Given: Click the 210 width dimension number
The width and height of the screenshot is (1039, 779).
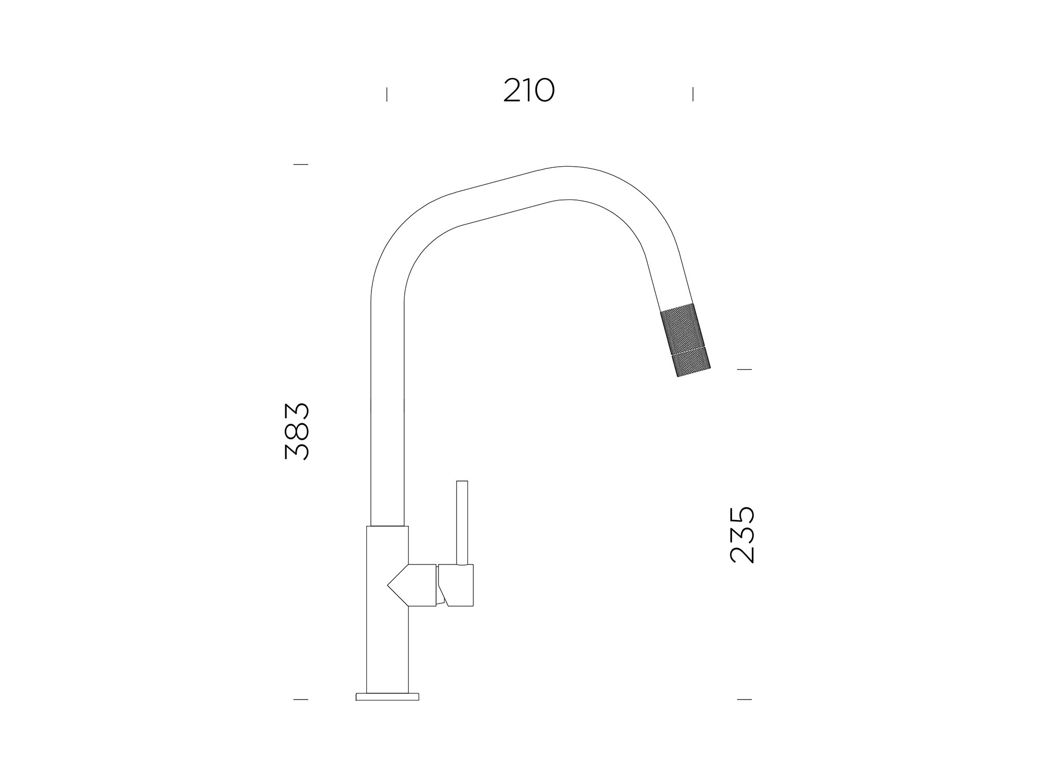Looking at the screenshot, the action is pos(529,90).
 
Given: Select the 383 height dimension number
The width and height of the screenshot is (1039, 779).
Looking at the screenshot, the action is pos(297,431).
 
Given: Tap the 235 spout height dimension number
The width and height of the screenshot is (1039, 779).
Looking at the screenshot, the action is pos(742,535).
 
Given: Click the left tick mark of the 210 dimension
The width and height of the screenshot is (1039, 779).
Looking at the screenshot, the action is pos(387,95).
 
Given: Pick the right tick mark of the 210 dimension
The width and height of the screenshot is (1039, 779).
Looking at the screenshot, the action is pos(693,95).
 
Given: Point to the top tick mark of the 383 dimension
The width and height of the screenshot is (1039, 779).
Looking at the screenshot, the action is pos(301,164).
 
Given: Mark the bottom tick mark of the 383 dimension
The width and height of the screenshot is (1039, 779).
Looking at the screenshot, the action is pos(301,700).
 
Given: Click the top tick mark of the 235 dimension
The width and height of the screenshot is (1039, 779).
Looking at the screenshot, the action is pos(744,369).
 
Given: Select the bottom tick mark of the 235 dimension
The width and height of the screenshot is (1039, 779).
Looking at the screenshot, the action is pos(744,700).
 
